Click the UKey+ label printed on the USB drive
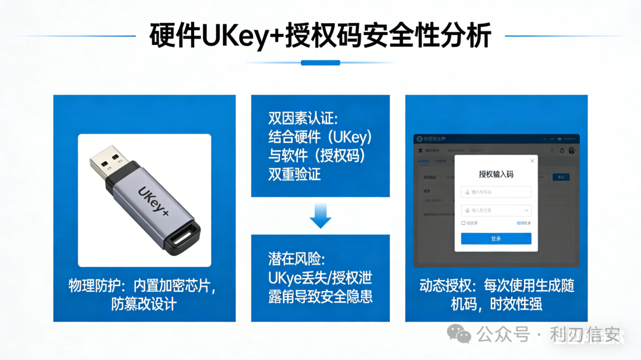154,200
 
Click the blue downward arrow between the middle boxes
320,215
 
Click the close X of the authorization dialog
531,161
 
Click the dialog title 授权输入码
496,174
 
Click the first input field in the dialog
496,192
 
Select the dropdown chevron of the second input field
526,210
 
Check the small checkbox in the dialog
464,223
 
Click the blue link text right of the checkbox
523,223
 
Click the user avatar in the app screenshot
572,151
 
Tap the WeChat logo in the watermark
459,334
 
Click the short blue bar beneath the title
320,62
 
